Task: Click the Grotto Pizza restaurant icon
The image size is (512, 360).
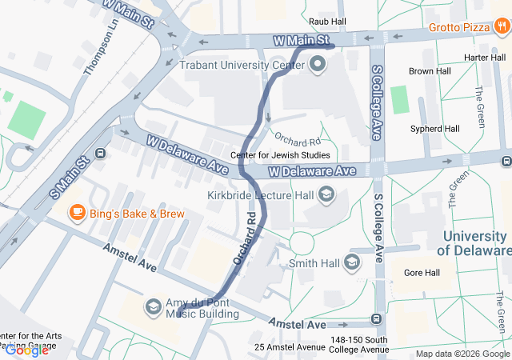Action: (x=502, y=27)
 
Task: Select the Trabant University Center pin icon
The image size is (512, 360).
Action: (x=318, y=65)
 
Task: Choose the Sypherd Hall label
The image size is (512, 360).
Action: (x=434, y=128)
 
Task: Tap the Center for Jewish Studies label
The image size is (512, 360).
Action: (x=279, y=155)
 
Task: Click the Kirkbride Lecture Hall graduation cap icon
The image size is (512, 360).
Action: (x=326, y=194)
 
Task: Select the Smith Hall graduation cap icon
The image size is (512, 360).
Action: (x=352, y=262)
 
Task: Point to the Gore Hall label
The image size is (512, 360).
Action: (x=422, y=273)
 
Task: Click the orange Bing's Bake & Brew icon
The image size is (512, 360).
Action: (x=77, y=213)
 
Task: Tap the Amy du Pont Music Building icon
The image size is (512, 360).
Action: (x=153, y=307)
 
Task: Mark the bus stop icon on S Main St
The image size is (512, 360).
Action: (x=100, y=154)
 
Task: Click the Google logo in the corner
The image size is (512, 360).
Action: (x=26, y=350)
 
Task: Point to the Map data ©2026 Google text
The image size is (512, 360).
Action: (x=462, y=354)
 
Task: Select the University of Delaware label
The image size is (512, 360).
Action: (x=475, y=243)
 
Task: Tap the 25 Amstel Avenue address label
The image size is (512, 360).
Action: (x=290, y=347)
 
